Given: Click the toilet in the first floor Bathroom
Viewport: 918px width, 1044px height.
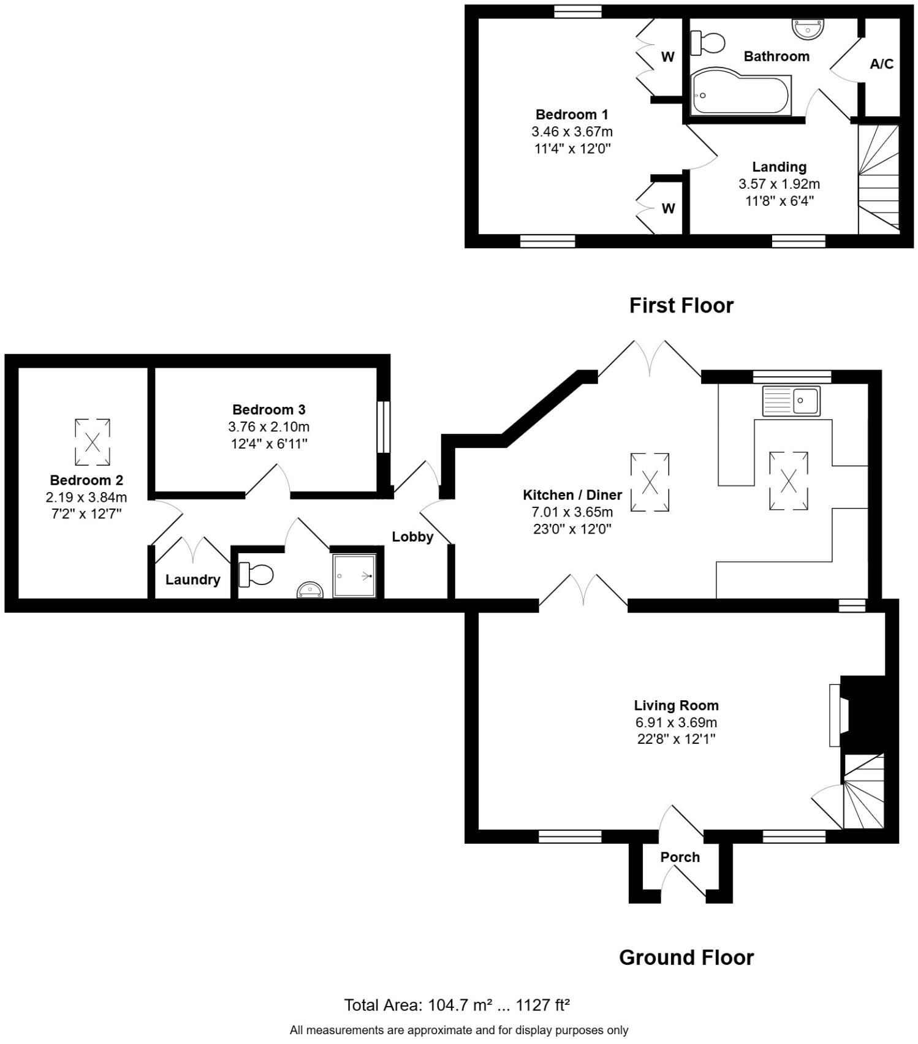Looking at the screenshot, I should point(709,43).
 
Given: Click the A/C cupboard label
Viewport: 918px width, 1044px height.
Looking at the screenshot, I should point(881,64).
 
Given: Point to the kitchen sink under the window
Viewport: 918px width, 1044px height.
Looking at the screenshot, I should point(791,401).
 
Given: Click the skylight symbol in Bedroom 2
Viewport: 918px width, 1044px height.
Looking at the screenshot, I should point(93,442).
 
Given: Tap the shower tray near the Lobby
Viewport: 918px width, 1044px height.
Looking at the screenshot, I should point(354,575).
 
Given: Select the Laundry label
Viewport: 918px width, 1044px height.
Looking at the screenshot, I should point(192,580).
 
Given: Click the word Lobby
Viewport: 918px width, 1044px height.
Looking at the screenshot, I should point(412,537).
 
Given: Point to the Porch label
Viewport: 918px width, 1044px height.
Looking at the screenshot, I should point(680,857).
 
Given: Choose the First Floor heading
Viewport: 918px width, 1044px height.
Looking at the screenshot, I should point(681,305).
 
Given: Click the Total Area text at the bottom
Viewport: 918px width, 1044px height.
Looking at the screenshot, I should point(457,1005).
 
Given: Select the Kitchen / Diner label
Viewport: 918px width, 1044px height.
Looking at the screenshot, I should point(572,495).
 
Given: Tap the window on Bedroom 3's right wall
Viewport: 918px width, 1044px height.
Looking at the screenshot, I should point(383,427).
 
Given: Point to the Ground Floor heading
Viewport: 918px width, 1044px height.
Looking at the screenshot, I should point(686,957).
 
